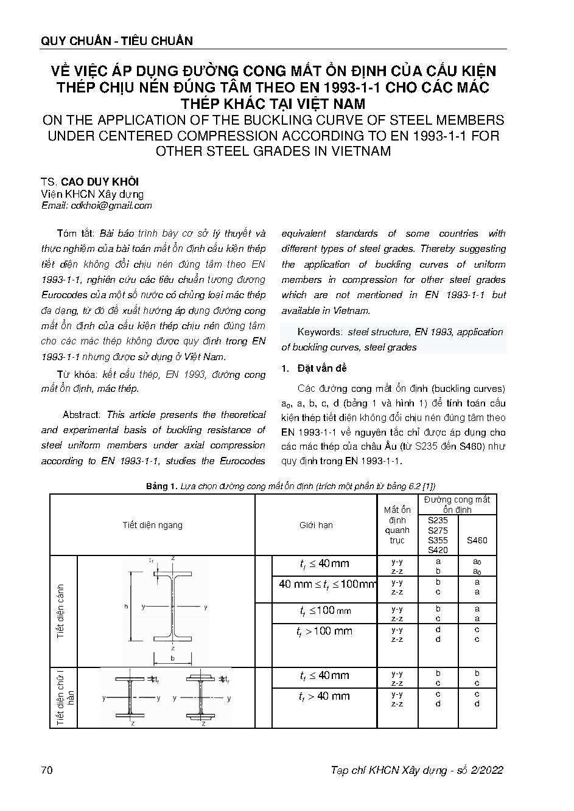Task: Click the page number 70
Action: tap(47, 770)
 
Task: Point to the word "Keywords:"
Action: tap(320, 332)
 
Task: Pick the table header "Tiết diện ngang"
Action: tap(152, 525)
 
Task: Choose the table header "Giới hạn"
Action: tap(316, 525)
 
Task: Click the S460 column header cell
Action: tap(477, 540)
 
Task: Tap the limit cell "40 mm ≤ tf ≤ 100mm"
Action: tap(327, 584)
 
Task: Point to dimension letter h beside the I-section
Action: tap(125, 607)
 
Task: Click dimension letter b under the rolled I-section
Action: tap(173, 658)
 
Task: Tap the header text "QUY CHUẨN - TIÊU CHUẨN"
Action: tap(116, 41)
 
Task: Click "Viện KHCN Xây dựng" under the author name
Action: tap(93, 194)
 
